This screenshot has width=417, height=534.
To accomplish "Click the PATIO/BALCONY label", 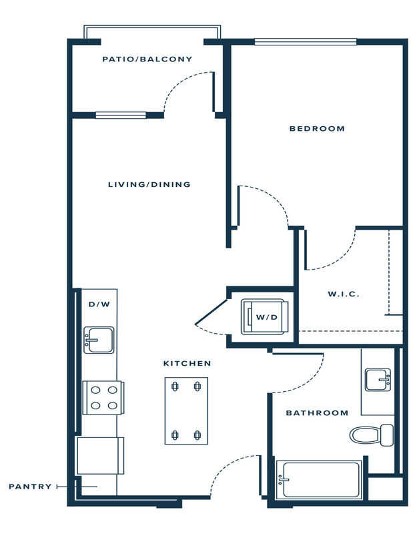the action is click(x=147, y=59).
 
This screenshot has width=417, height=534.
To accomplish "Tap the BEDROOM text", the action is click(x=317, y=129).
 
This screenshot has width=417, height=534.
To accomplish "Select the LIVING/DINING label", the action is click(x=149, y=185).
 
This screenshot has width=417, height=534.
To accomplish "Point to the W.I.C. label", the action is click(x=343, y=294).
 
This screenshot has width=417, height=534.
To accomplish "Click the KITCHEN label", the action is click(x=187, y=364).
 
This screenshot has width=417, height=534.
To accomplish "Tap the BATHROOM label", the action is click(x=317, y=413).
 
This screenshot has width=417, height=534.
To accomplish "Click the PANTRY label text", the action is click(x=30, y=487).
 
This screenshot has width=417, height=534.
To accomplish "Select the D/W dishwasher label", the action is click(x=99, y=304).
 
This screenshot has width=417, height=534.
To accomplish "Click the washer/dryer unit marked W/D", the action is click(x=264, y=317).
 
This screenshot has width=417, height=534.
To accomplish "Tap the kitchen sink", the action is click(x=99, y=340).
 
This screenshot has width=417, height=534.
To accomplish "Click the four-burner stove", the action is click(x=103, y=398).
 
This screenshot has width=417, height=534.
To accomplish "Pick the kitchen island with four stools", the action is click(x=186, y=411).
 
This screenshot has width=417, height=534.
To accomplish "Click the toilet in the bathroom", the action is click(x=372, y=435).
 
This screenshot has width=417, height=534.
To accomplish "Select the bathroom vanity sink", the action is click(x=378, y=380).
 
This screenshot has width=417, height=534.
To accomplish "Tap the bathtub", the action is click(x=319, y=479).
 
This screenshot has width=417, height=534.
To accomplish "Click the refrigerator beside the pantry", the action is click(x=101, y=456).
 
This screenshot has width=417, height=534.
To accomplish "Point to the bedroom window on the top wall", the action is click(x=306, y=41).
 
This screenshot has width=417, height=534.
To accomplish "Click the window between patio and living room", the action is click(x=121, y=115).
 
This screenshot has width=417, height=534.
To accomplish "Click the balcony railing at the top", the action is click(x=152, y=27).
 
